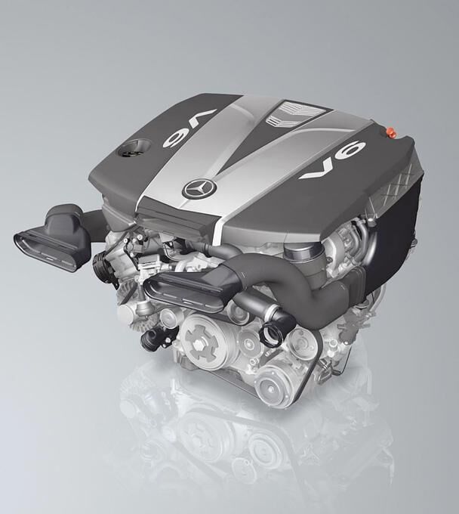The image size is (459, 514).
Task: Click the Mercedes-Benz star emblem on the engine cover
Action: [199, 188]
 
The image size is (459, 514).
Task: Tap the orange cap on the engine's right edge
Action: [390, 132]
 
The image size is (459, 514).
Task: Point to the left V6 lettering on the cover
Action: [189, 127]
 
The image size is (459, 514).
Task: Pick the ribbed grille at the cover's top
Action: [294, 113]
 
